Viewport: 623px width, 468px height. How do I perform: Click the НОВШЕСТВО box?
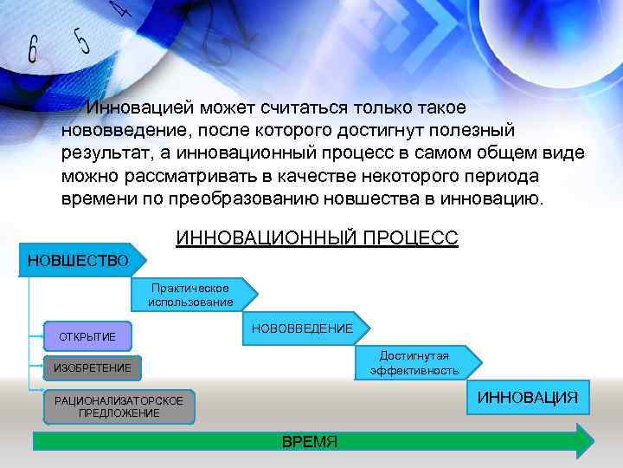tap(79, 260)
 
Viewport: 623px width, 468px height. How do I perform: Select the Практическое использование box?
tap(190, 295)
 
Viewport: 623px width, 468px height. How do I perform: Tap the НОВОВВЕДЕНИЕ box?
tap(302, 328)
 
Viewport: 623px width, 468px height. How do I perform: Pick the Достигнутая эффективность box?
tap(414, 362)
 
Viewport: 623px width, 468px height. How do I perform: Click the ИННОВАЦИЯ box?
tap(528, 397)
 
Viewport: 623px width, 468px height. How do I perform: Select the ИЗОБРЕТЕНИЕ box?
tap(93, 368)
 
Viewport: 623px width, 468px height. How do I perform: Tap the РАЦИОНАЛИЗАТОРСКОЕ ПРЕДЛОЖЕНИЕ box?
tap(119, 406)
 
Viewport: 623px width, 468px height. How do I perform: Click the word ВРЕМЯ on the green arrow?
tap(310, 442)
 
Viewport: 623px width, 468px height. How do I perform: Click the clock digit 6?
tap(33, 49)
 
